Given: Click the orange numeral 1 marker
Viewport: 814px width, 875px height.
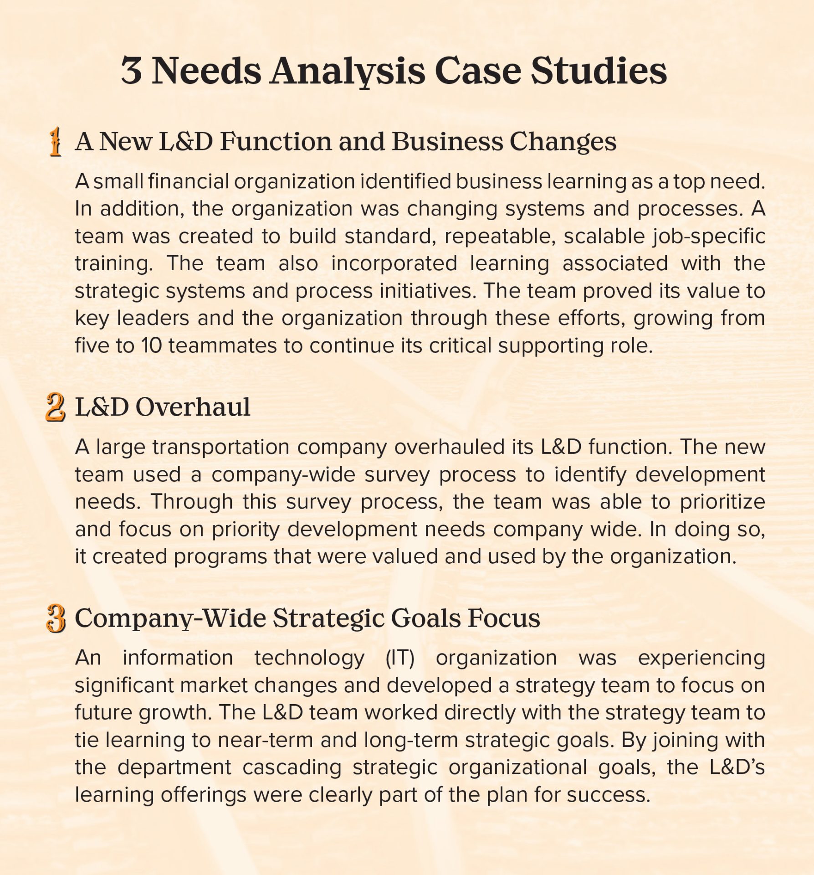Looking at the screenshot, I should (x=56, y=142).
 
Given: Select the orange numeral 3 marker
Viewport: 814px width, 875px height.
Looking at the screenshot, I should (x=56, y=618).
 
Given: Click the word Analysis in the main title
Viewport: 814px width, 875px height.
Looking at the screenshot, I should (x=347, y=72).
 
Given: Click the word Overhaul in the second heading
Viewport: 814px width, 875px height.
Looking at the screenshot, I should (x=193, y=407).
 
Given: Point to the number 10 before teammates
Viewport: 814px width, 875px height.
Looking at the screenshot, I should (x=151, y=345).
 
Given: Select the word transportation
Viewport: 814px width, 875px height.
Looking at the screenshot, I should (x=221, y=448).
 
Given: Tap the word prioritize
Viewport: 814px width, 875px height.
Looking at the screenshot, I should (x=722, y=502).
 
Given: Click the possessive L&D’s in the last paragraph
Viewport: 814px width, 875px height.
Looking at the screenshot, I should (x=737, y=767).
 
